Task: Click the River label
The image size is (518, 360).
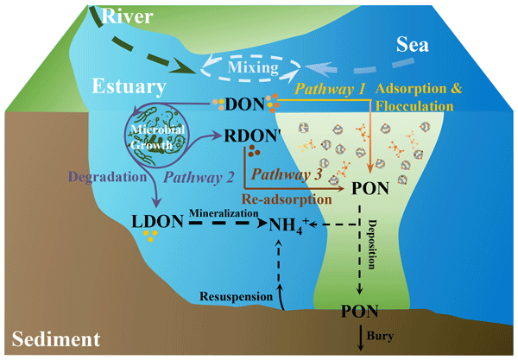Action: point(127,16)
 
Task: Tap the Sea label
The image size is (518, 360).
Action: point(413,45)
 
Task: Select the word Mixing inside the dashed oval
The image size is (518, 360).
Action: point(253,67)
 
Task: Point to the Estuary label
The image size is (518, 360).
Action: point(129,86)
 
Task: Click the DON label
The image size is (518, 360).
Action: point(245,104)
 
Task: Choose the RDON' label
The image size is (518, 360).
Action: point(253,136)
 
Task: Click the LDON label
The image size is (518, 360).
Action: point(157,221)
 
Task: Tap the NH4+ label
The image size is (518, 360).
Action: point(288,225)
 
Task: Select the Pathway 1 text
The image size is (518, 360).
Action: point(331,89)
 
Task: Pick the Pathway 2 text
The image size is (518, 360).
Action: point(199,178)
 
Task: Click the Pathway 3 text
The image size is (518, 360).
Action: point(287,174)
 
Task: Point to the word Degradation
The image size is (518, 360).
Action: point(108,177)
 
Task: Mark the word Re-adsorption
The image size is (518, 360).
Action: point(287,199)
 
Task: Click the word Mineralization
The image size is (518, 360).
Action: point(224,213)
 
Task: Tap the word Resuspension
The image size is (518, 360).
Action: point(237,296)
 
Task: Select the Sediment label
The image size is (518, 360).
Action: point(56,339)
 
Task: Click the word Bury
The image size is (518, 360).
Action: point(380,336)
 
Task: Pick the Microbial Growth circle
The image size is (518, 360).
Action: point(155,135)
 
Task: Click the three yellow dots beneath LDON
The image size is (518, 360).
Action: point(150,236)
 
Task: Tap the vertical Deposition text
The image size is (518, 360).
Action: point(372,244)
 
